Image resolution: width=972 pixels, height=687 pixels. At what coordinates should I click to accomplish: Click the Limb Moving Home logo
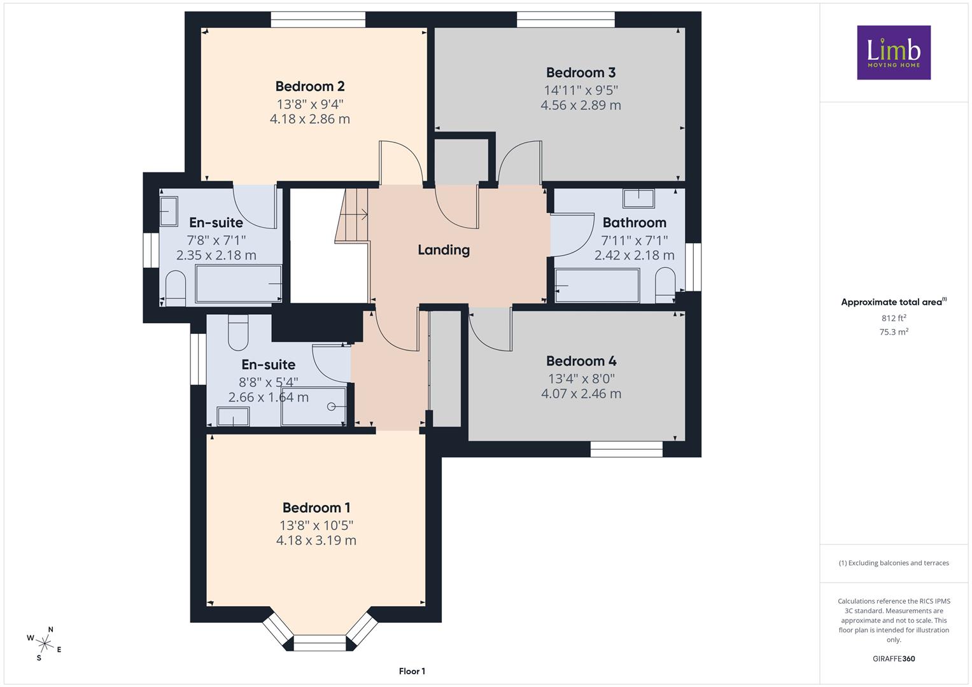coord(894,52)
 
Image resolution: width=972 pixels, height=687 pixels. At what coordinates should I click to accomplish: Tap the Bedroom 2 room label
coord(310,87)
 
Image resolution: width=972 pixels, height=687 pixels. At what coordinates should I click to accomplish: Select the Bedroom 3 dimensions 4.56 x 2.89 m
coord(581,105)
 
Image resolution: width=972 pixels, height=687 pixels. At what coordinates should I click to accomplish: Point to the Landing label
coord(444,250)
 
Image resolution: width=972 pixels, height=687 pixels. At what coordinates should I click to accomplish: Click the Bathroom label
coord(635,223)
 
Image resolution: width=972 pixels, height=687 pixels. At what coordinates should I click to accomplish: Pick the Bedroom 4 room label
coord(581,361)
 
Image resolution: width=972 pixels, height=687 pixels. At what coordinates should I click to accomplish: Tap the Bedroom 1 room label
coord(316,508)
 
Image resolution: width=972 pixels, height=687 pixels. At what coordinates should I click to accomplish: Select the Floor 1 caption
coord(412,671)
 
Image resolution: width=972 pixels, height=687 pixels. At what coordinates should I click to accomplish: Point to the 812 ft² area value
coord(894,318)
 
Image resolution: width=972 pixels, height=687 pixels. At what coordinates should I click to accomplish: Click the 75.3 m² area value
coord(894,332)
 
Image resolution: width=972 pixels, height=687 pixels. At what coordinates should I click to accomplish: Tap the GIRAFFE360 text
coord(894,658)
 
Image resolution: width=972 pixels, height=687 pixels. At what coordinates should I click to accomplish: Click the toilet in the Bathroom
coord(665,285)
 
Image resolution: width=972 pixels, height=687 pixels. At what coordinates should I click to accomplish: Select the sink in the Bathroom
coord(638,198)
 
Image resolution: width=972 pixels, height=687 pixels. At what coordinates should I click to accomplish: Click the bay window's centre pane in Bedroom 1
coord(320,643)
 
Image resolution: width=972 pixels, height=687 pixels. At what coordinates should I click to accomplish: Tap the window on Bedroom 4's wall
coord(626,449)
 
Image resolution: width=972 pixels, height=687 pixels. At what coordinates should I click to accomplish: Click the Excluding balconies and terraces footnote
coord(894,563)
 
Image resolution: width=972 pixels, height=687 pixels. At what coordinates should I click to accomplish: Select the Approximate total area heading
coord(894,302)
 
